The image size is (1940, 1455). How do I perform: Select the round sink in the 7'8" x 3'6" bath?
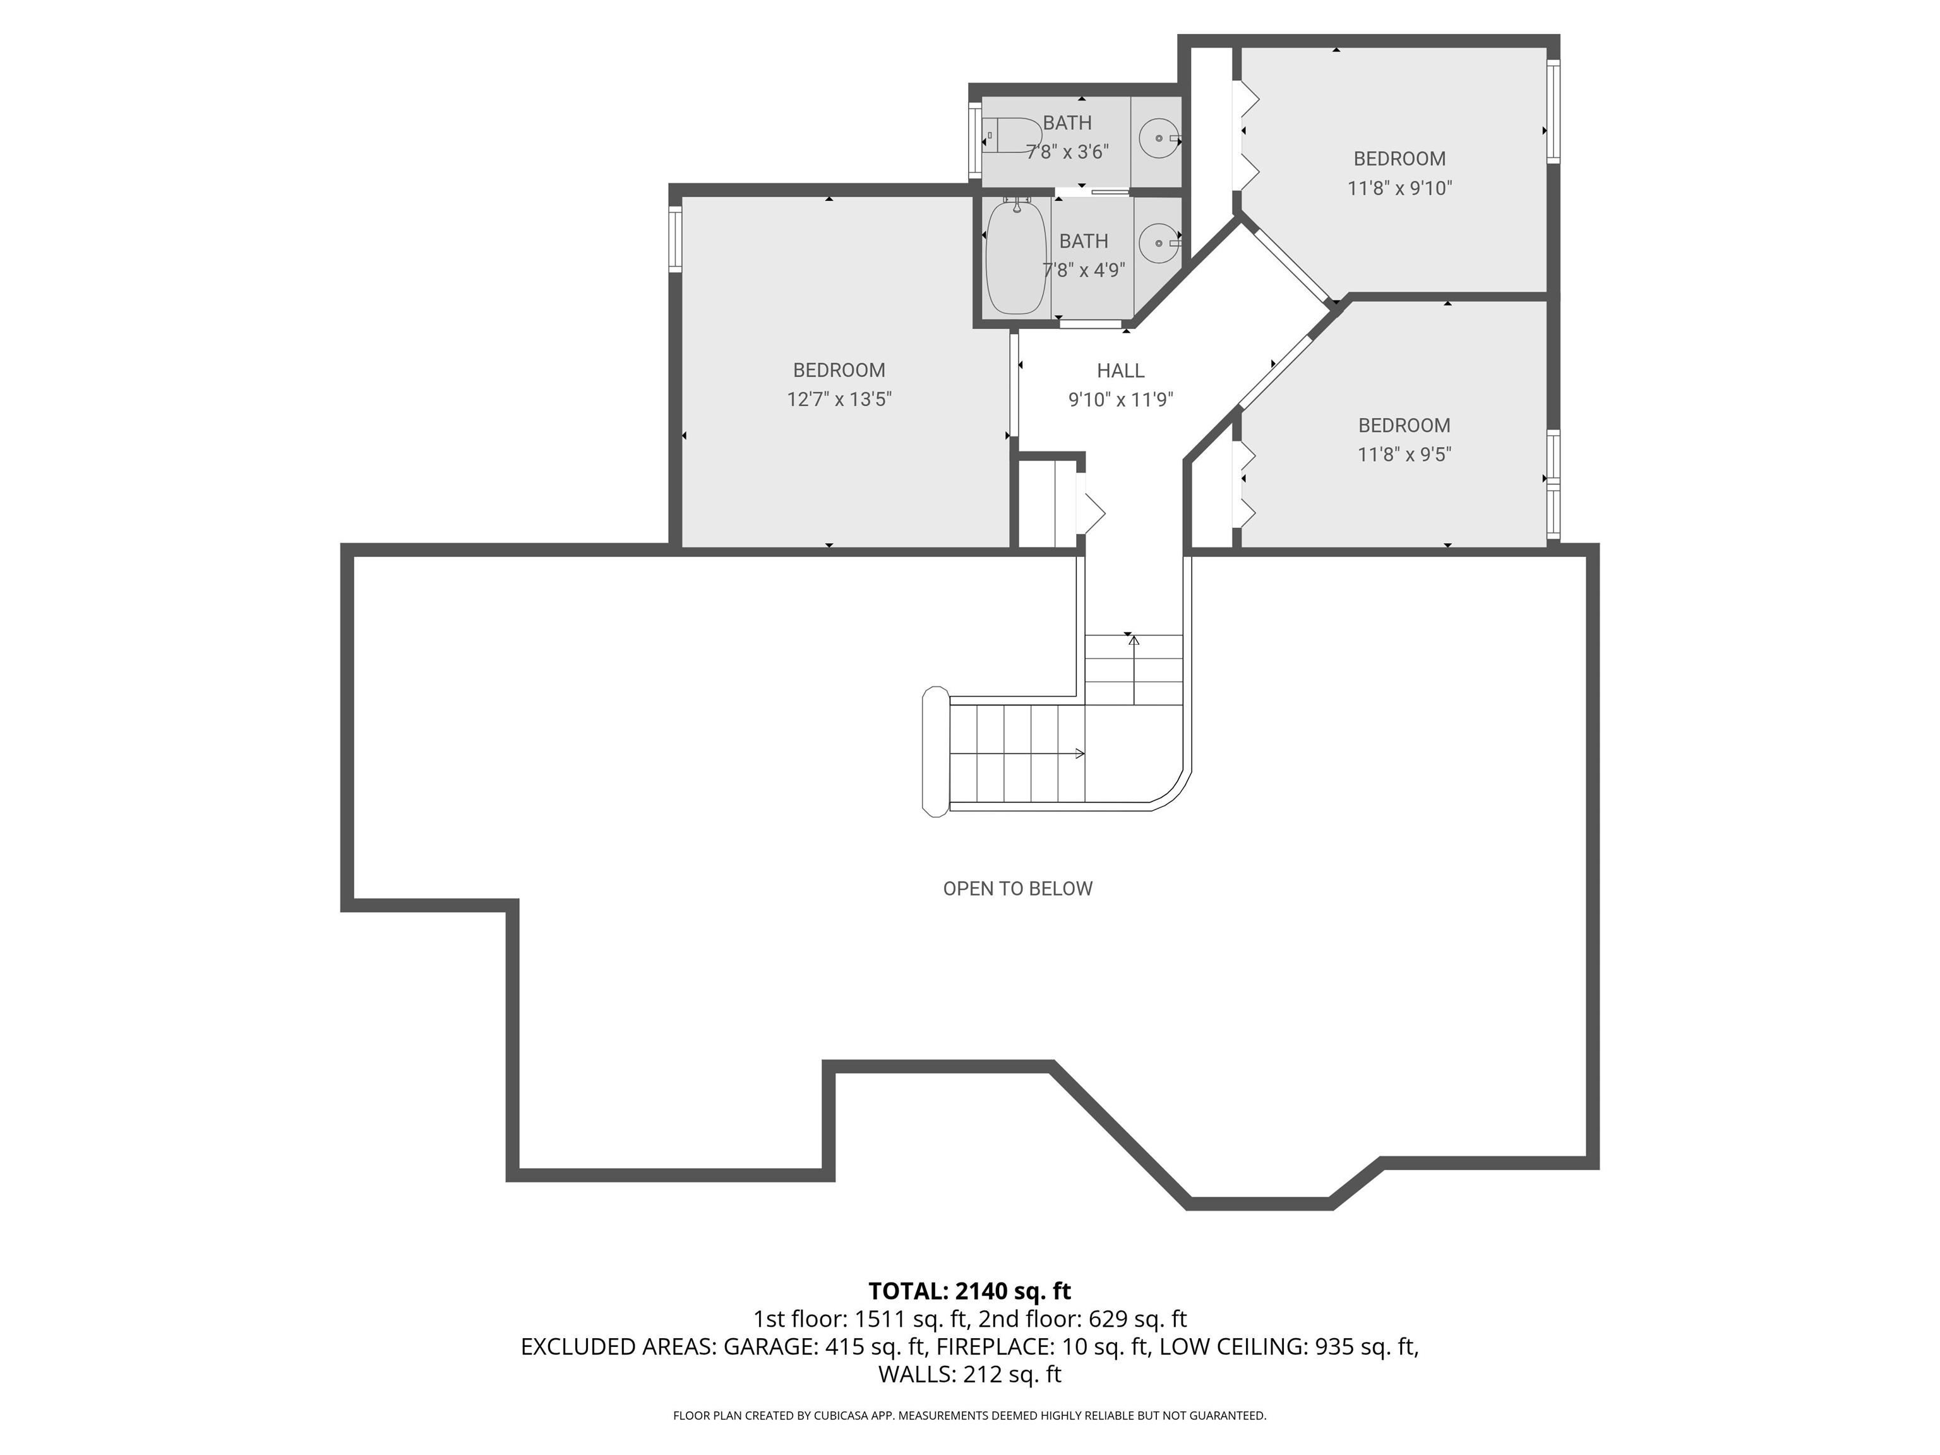pos(1159,138)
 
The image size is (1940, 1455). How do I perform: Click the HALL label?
pos(1120,371)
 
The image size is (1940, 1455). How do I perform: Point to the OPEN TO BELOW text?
pos(1017,889)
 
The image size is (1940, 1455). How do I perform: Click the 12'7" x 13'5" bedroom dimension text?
pos(839,400)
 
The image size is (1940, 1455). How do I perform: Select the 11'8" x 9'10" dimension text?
pos(1400,188)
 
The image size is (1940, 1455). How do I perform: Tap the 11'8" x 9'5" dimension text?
pos(1404,454)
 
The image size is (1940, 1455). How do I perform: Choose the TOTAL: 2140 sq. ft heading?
pos(969,1291)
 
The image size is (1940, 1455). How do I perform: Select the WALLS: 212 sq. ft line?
pos(970,1374)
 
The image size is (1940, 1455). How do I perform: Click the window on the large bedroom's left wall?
pos(675,239)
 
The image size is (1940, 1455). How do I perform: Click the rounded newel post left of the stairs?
pos(936,751)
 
